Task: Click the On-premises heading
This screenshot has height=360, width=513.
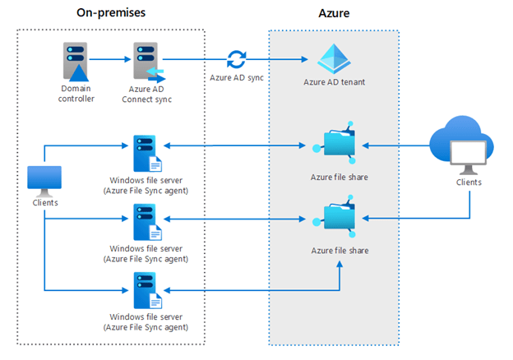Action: (x=110, y=14)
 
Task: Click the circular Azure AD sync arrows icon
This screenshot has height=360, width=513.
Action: (x=237, y=59)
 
